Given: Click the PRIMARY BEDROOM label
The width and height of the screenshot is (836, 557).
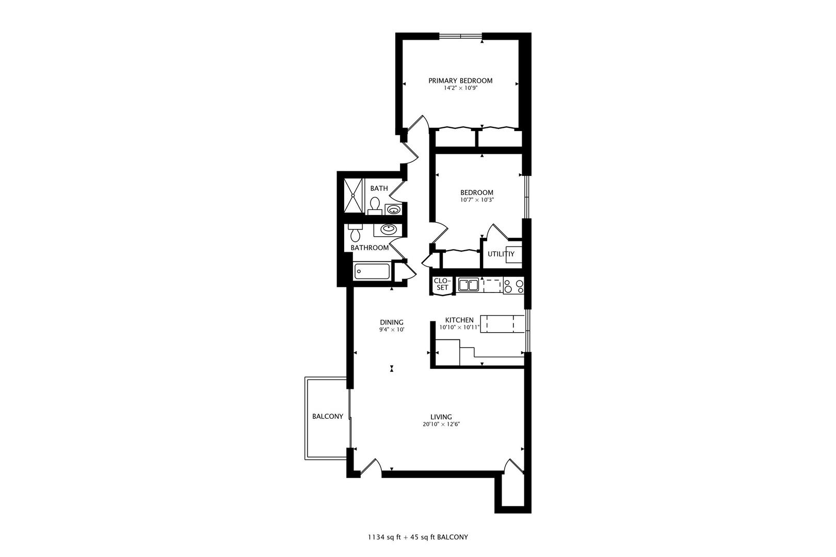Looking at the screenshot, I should tap(460, 80).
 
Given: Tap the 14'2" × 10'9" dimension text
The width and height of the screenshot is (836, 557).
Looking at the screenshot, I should tap(460, 88).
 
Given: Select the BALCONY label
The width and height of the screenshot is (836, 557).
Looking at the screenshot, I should tap(327, 417).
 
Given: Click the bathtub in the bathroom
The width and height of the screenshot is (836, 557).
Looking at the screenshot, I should tap(372, 271).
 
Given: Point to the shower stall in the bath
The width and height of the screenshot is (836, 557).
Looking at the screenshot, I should tap(353, 195).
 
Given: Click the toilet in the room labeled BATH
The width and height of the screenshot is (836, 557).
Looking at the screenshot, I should tap(375, 205).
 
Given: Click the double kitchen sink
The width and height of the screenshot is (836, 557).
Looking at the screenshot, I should tap(468, 284).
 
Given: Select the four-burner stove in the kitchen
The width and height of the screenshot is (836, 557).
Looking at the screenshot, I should tap(513, 285).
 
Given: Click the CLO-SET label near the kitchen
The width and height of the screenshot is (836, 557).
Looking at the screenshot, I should tap(442, 284).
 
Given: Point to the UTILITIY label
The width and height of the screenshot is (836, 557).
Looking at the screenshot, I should tap(501, 254).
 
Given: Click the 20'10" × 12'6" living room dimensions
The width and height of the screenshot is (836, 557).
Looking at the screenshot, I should tap(441, 425).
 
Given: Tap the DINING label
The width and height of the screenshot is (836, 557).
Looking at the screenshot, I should tap(392, 322).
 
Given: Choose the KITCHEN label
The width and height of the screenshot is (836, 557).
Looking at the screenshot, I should tap(459, 320).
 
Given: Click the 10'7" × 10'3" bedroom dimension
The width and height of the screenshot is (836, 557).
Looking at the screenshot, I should tap(477, 200).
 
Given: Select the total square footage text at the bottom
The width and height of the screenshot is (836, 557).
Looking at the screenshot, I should tap(417, 537).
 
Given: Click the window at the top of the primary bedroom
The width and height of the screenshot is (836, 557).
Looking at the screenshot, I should tap(460, 36).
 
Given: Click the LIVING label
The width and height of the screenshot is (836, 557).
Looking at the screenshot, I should tap(441, 417).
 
